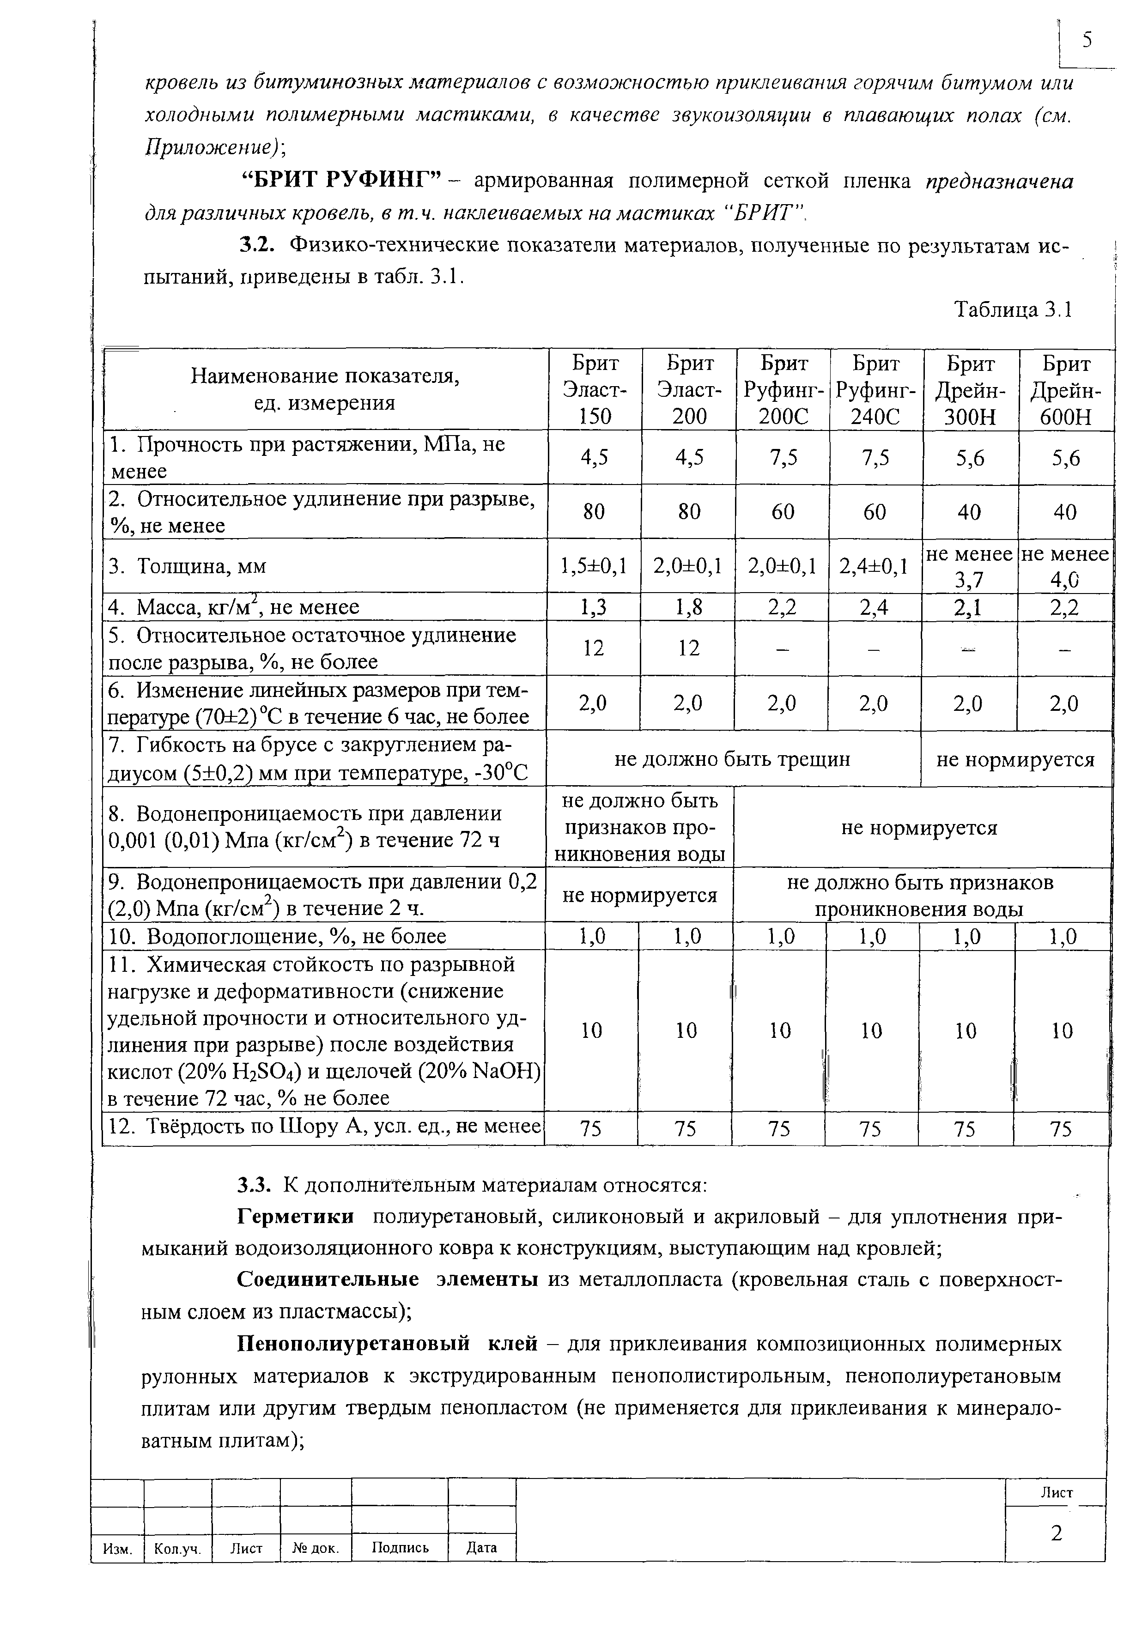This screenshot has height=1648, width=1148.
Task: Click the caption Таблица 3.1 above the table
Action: click(x=1012, y=309)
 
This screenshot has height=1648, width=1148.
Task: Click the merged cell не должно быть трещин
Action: click(x=732, y=759)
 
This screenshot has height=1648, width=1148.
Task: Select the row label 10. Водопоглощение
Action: click(x=277, y=936)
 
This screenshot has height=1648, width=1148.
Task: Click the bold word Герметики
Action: click(x=296, y=1217)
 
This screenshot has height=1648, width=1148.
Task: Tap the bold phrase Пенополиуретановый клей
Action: click(x=388, y=1342)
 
